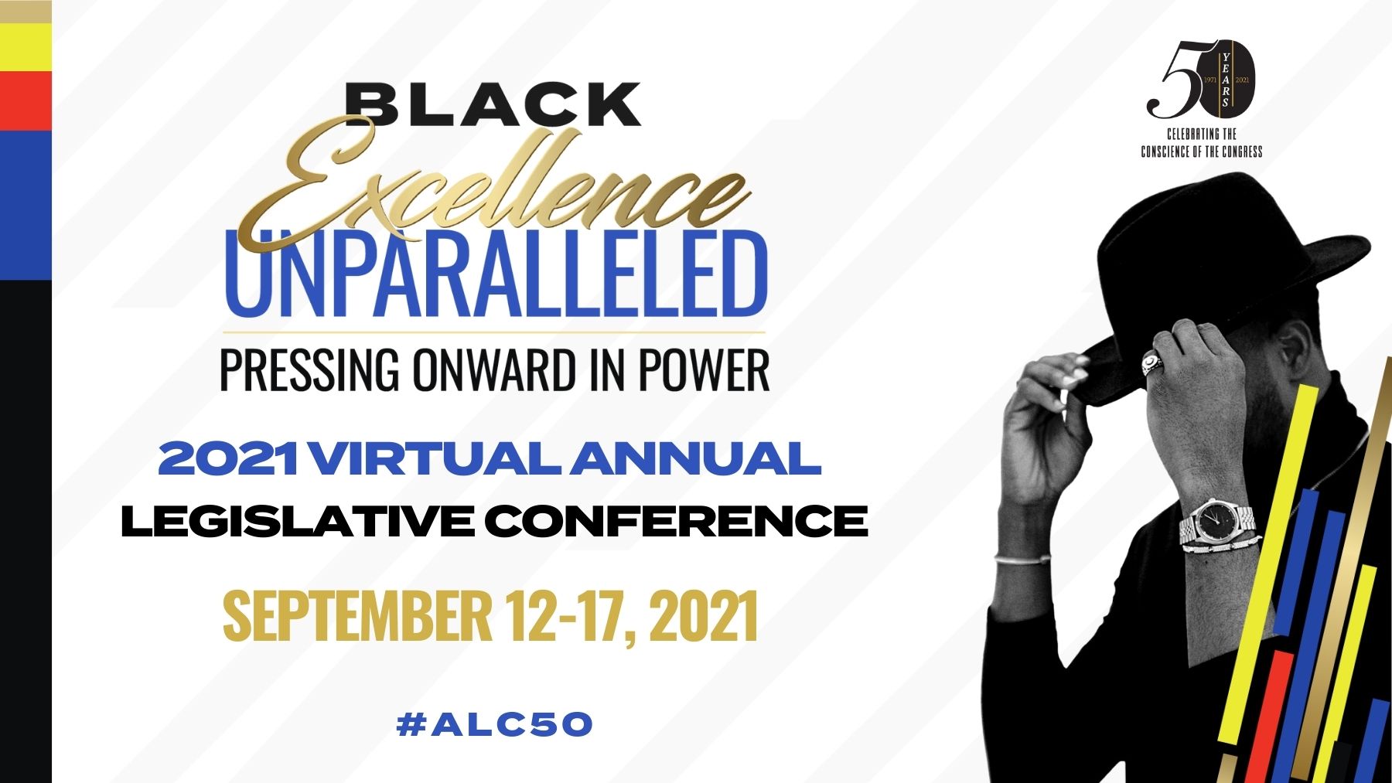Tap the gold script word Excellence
[495, 186]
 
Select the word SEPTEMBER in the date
[357, 616]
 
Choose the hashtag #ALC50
[494, 724]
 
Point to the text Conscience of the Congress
[1202, 151]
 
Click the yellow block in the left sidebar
[26, 47]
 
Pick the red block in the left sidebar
[26, 101]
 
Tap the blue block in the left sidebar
[26, 206]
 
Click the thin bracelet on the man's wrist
[1022, 559]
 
